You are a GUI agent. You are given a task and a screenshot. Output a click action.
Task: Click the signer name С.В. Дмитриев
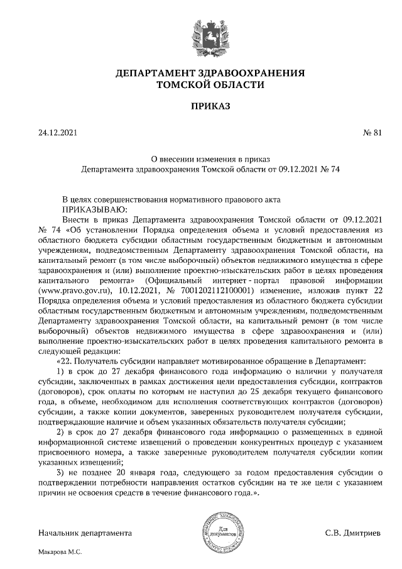point(352,534)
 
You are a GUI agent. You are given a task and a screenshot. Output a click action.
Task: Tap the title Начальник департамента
point(85,534)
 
